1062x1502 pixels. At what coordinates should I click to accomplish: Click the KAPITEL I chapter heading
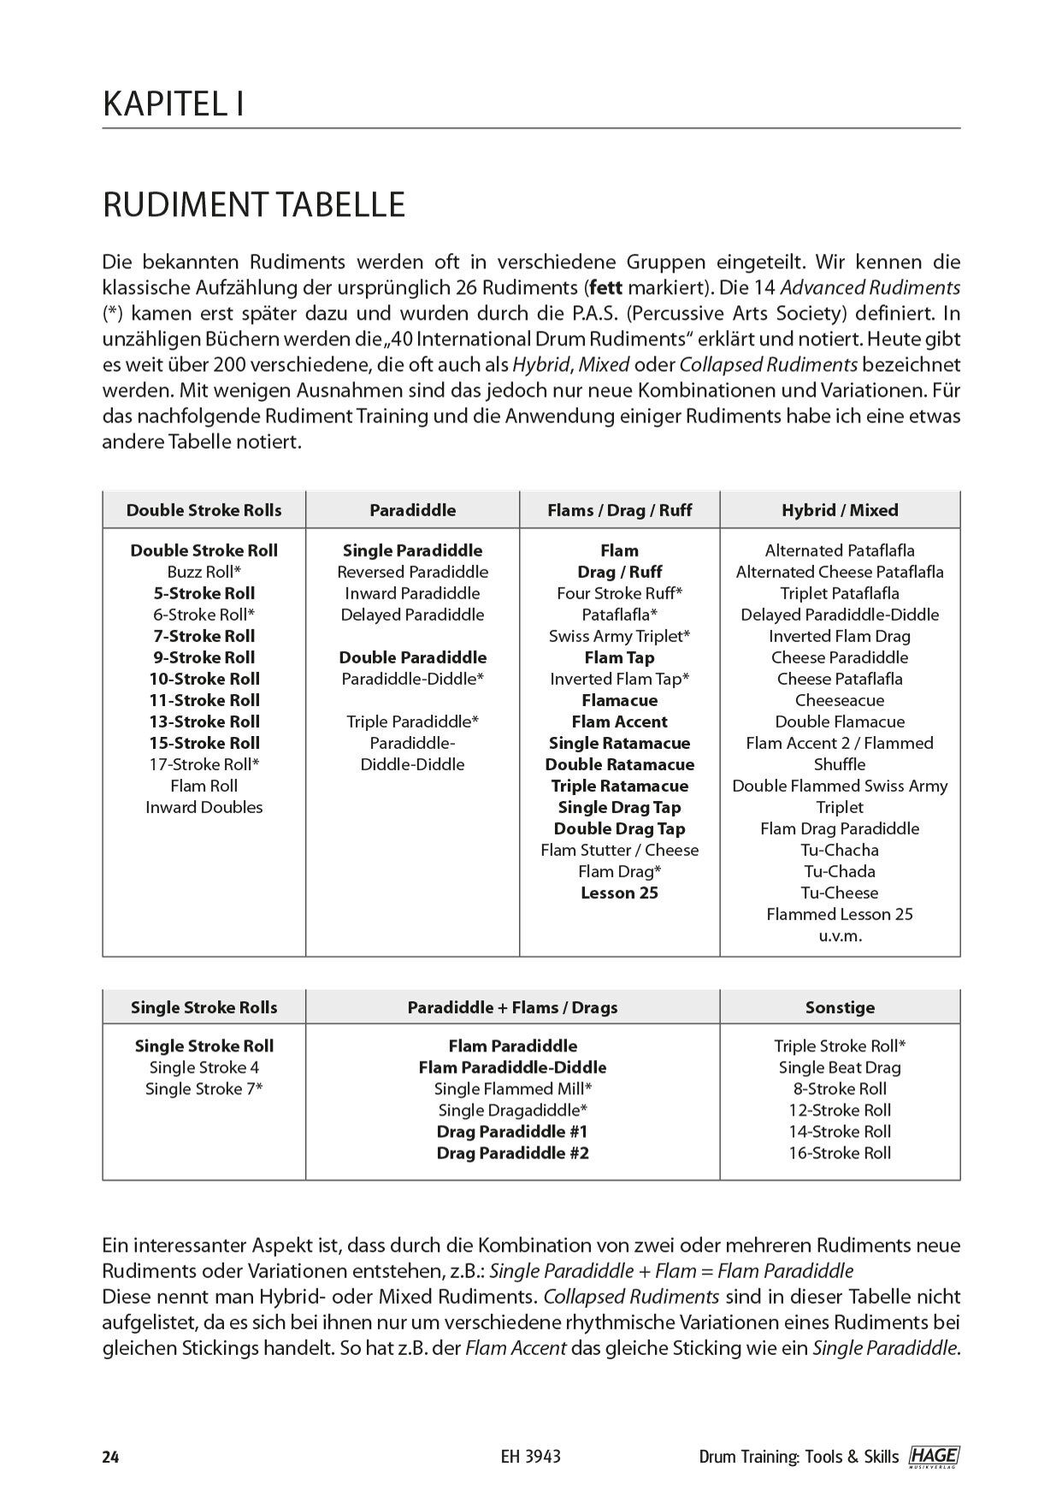[174, 104]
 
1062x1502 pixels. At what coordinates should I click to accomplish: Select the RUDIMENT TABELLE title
[254, 206]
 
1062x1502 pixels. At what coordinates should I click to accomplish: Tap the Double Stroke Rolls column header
[204, 510]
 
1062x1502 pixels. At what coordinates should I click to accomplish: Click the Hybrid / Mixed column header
[840, 510]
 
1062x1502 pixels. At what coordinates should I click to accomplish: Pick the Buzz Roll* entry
[204, 572]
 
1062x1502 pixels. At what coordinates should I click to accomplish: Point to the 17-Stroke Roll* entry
[204, 764]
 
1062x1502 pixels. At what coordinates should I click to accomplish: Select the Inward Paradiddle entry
[412, 593]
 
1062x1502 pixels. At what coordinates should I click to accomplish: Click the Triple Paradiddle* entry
[412, 722]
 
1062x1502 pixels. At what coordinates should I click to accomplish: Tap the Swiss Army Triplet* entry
[619, 636]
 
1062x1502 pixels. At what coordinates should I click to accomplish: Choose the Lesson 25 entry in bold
[619, 892]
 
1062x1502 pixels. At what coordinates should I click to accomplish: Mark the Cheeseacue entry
[840, 700]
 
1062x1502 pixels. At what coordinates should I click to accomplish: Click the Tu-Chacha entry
[840, 850]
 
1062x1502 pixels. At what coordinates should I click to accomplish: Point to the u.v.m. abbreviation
[840, 935]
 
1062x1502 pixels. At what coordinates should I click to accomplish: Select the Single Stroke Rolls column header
[204, 1008]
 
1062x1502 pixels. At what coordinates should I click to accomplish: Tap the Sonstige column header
[840, 1008]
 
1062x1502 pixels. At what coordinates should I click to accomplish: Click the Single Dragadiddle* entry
[512, 1110]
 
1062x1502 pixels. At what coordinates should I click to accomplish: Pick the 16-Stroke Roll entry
[840, 1153]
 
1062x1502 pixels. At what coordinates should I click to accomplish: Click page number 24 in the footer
[110, 1458]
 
